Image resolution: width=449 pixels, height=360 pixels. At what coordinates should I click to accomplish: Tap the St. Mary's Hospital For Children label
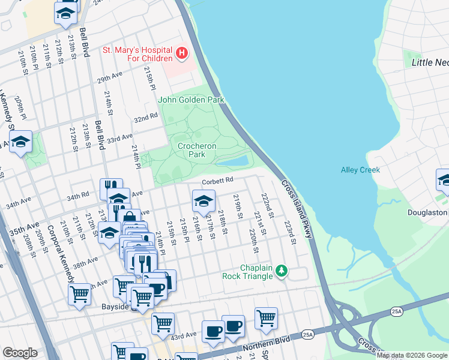(137, 55)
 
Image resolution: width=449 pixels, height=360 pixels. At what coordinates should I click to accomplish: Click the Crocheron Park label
(197, 150)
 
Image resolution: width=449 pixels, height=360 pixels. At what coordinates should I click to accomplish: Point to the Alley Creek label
(360, 170)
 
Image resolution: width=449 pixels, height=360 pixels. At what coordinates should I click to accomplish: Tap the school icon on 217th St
(203, 200)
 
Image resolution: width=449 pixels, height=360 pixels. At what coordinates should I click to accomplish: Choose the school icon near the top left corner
(66, 13)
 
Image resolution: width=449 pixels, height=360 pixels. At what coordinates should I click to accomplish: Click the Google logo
(20, 352)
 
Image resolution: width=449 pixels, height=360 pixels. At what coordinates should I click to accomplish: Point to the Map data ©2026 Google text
(412, 355)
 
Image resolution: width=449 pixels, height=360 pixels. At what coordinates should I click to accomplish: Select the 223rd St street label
(291, 233)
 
